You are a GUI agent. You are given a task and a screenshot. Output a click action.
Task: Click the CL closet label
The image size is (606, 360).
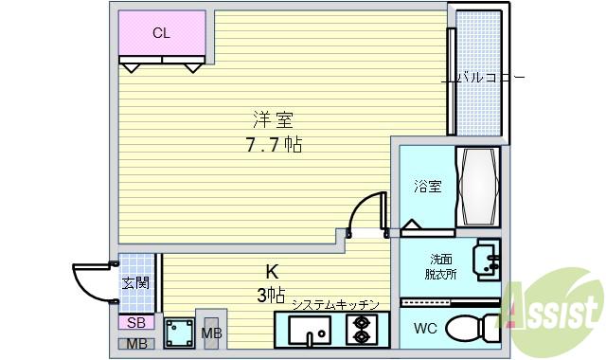point(162,33)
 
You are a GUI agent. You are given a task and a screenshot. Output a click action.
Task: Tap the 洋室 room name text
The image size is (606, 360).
point(273,120)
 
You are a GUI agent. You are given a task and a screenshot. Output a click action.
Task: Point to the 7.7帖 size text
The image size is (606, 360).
point(274,146)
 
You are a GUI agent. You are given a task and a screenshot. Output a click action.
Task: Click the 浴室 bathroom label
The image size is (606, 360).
point(427,187)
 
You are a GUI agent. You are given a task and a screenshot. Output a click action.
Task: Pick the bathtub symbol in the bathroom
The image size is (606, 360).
point(476,186)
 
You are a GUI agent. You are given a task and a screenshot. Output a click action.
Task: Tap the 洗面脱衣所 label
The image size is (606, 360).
point(441,266)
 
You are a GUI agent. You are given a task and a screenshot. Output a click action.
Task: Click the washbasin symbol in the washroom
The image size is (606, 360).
point(487,260)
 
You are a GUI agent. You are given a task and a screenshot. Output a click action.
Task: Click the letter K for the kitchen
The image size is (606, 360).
point(272,270)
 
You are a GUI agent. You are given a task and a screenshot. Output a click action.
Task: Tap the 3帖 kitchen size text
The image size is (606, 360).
point(270,296)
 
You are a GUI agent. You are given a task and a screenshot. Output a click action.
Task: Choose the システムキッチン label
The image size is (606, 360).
point(335,304)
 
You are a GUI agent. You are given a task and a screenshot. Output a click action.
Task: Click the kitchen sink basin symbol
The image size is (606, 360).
point(309,333)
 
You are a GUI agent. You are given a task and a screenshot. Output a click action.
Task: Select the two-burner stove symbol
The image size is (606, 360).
point(361,331)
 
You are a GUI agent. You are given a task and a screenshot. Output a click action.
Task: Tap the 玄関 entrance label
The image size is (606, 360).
point(134,282)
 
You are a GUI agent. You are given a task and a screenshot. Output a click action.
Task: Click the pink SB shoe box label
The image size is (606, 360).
point(135,323)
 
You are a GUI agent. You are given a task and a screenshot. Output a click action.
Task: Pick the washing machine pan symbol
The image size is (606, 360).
point(177,334)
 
